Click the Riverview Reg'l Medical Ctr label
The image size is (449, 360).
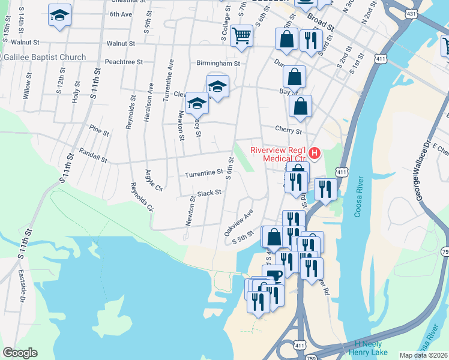tap(279, 154)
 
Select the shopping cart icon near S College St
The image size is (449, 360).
tap(241, 35)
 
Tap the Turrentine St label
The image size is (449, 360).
tap(204, 173)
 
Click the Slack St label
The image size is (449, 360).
tap(209, 193)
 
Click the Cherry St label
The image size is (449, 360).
tap(287, 130)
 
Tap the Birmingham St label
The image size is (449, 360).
tap(218, 62)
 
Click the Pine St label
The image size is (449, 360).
tap(99, 130)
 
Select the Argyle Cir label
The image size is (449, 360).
tap(154, 178)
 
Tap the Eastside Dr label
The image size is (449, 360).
tap(23, 294)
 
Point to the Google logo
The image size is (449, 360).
tap(20, 353)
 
